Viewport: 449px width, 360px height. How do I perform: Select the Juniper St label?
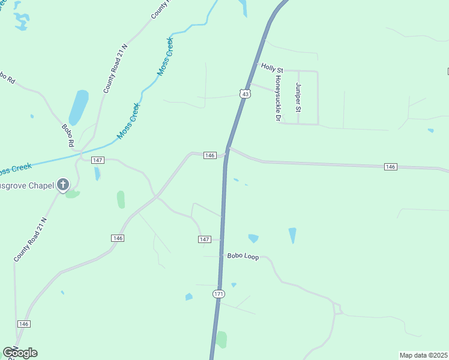coord(298,98)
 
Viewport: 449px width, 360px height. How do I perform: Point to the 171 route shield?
coord(218,294)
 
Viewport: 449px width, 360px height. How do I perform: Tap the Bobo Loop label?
coord(243,256)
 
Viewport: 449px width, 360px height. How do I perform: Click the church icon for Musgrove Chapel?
coord(64,185)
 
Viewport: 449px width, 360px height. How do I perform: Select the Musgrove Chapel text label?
coord(27,185)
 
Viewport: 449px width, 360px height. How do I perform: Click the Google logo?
coord(20,352)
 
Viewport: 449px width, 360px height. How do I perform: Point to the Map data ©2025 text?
coord(423,355)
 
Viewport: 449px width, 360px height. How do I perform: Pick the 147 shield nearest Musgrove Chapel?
coord(98,160)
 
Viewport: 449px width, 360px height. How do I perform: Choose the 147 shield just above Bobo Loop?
coord(204,239)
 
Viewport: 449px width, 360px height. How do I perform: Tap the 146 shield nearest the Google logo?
coord(24,324)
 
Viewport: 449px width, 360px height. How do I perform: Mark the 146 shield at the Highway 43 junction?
coord(209,155)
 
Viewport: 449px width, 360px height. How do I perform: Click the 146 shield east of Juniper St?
coord(391,166)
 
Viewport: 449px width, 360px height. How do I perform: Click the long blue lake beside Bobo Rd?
coord(78,107)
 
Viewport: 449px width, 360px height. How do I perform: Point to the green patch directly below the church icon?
coord(72,194)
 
